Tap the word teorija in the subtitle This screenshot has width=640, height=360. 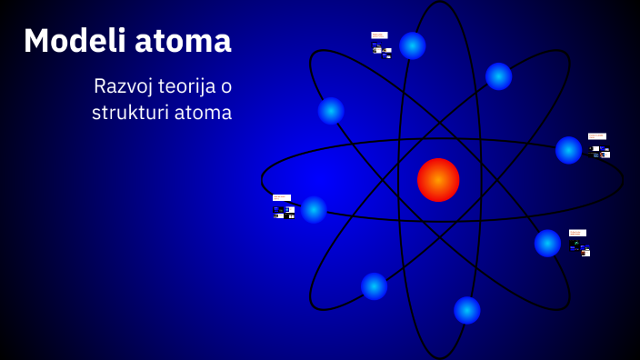pos(185,86)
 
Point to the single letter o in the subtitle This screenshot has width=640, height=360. pos(226,86)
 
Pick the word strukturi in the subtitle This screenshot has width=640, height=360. pos(129,113)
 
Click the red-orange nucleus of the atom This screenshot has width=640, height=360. pos(438,179)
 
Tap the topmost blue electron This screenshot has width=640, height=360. pos(413,45)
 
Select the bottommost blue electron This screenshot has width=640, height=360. pos(467,310)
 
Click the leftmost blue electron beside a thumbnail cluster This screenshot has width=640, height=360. pos(314,209)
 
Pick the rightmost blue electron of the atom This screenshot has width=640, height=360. pos(569,150)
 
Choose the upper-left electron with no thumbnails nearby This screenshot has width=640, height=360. pos(331,111)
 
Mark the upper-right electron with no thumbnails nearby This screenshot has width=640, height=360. pos(498,76)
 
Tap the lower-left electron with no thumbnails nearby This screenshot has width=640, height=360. pos(374,286)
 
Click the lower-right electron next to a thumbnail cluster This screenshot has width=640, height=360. pos(547,243)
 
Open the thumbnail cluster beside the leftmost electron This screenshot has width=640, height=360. pos(283,207)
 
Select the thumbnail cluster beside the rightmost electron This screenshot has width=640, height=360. pos(598,145)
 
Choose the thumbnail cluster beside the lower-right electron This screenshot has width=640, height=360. pos(579,243)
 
